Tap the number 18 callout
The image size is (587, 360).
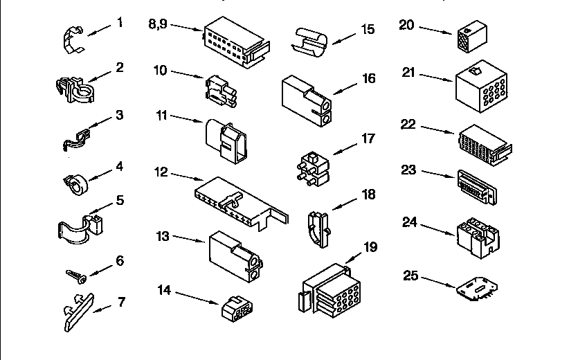pos(368,195)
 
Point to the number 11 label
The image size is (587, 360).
pos(163,115)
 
